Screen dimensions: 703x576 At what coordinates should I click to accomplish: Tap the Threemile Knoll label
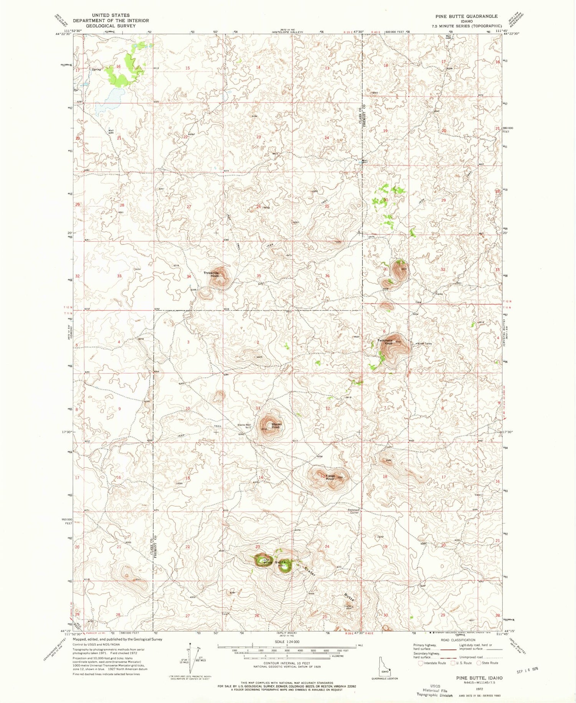(x=211, y=274)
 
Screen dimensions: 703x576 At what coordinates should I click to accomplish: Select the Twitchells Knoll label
(x=385, y=342)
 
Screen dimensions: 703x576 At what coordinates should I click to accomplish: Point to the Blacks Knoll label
(x=276, y=425)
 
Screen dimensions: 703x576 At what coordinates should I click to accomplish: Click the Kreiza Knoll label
(x=330, y=477)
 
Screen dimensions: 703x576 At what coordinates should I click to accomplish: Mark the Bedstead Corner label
(x=353, y=511)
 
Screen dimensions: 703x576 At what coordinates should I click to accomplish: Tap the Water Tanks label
(x=424, y=343)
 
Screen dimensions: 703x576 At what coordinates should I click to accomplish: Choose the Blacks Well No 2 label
(x=244, y=426)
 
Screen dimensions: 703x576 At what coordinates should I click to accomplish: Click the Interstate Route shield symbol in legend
(x=421, y=663)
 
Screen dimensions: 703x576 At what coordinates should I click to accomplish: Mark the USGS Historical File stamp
(x=435, y=690)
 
